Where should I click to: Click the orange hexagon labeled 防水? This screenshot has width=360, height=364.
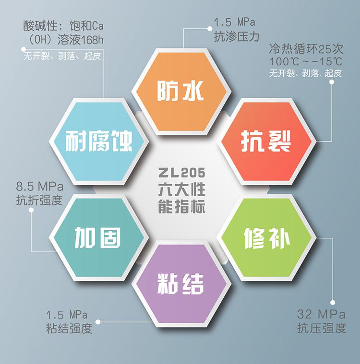[181, 92]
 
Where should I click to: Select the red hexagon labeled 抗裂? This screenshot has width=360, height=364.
[266, 141]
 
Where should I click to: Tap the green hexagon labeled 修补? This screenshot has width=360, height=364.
[266, 238]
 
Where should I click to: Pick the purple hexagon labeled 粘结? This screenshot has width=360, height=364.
[181, 284]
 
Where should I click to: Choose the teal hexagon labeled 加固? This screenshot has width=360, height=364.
[99, 238]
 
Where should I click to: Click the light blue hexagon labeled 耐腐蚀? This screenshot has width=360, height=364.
[99, 141]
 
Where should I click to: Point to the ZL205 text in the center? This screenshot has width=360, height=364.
[182, 173]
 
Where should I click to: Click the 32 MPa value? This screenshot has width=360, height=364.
[322, 314]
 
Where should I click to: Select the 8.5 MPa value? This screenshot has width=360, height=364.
[40, 187]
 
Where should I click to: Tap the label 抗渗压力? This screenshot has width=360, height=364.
[236, 36]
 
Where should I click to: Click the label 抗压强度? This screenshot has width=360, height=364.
[322, 328]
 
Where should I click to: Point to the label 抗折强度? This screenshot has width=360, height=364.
[39, 200]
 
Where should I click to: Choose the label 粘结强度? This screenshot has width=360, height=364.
[69, 328]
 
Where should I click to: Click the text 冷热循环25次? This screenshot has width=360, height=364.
[306, 49]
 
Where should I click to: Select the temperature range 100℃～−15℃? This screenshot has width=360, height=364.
[306, 61]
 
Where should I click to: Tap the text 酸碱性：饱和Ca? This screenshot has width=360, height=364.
[63, 26]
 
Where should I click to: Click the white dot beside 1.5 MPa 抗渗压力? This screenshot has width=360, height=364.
[210, 29]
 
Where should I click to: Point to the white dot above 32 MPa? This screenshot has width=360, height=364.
[333, 303]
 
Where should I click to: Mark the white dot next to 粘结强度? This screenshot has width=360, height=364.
[98, 322]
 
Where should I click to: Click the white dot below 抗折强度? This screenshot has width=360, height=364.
[31, 210]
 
